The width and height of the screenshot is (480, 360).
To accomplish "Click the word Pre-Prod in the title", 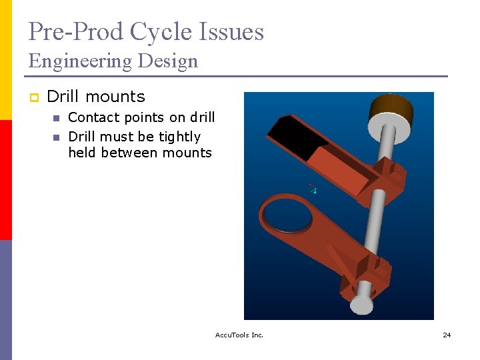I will [x=75, y=32].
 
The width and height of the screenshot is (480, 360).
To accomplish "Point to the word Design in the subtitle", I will [x=168, y=61].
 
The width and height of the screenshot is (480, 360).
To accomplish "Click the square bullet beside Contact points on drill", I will [x=57, y=119].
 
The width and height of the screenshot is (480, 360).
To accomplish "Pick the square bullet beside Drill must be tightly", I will [x=57, y=137].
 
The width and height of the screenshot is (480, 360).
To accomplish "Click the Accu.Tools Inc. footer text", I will [x=239, y=335].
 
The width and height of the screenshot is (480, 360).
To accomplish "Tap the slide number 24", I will [x=447, y=335].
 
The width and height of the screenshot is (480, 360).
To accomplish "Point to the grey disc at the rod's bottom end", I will [x=361, y=305].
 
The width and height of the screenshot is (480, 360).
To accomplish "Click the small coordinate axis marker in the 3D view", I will [x=312, y=189].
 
